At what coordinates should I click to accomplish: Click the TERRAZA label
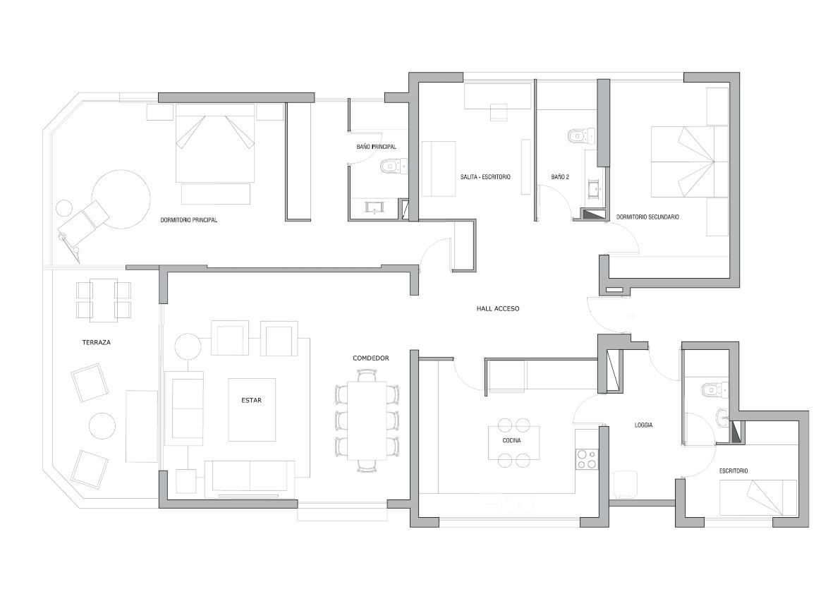pyautogui.click(x=97, y=342)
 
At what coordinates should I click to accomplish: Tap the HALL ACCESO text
pyautogui.click(x=497, y=308)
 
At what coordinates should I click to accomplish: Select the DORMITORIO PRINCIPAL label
pyautogui.click(x=189, y=220)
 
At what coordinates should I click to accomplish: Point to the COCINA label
pyautogui.click(x=511, y=441)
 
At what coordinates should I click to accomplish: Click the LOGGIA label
pyautogui.click(x=643, y=425)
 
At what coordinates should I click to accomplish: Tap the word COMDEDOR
pyautogui.click(x=371, y=358)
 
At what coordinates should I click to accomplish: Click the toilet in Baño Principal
pyautogui.click(x=391, y=166)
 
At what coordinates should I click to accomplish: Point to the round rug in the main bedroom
pyautogui.click(x=121, y=198)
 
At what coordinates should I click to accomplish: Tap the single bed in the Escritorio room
pyautogui.click(x=757, y=498)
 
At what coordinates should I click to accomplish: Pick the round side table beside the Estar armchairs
pyautogui.click(x=188, y=348)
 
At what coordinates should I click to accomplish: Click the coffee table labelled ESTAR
pyautogui.click(x=251, y=409)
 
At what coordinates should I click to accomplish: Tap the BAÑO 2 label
pyautogui.click(x=560, y=177)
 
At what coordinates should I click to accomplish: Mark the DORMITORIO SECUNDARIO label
pyautogui.click(x=647, y=217)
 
